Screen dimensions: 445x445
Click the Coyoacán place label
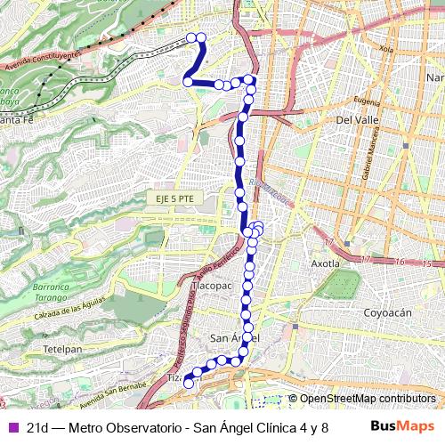(387, 312)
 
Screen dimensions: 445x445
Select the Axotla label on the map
(326, 263)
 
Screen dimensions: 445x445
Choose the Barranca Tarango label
(52, 294)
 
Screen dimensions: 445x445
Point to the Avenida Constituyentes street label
(42, 61)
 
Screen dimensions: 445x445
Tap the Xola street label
(385, 48)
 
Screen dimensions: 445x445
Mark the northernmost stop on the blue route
(190, 36)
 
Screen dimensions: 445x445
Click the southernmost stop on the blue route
(189, 384)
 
